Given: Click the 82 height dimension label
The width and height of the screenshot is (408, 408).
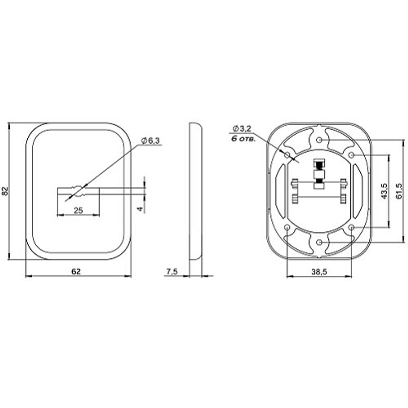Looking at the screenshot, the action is [x=6, y=191].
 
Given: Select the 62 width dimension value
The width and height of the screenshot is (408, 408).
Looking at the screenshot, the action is [x=76, y=271].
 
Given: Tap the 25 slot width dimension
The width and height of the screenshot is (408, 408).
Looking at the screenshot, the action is [x=78, y=210].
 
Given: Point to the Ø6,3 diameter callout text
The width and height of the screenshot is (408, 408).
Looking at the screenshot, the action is [x=151, y=141].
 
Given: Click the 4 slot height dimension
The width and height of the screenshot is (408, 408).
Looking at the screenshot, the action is [x=140, y=209].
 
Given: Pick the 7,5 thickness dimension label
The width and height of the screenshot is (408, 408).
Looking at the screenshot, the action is [x=172, y=271].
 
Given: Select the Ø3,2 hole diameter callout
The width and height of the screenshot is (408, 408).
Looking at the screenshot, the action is [x=242, y=128].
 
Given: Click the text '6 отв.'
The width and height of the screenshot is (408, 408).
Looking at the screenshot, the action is [x=243, y=139].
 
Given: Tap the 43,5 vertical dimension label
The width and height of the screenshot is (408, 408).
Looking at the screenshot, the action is [x=384, y=191].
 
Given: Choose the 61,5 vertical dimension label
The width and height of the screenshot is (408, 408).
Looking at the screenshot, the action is [x=399, y=191].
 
